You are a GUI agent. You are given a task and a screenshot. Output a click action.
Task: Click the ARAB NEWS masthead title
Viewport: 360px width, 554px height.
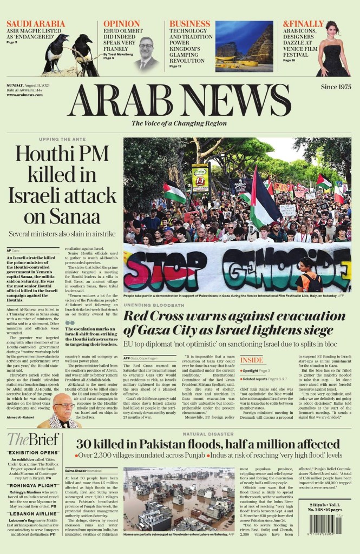tap(180, 100)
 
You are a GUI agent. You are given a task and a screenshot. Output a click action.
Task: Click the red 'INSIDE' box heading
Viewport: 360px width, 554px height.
tap(252, 360)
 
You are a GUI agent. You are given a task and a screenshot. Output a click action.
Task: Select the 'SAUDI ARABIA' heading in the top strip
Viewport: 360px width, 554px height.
tap(32, 24)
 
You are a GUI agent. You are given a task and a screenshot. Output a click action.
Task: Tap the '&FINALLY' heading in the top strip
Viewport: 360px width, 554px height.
tap(304, 24)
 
